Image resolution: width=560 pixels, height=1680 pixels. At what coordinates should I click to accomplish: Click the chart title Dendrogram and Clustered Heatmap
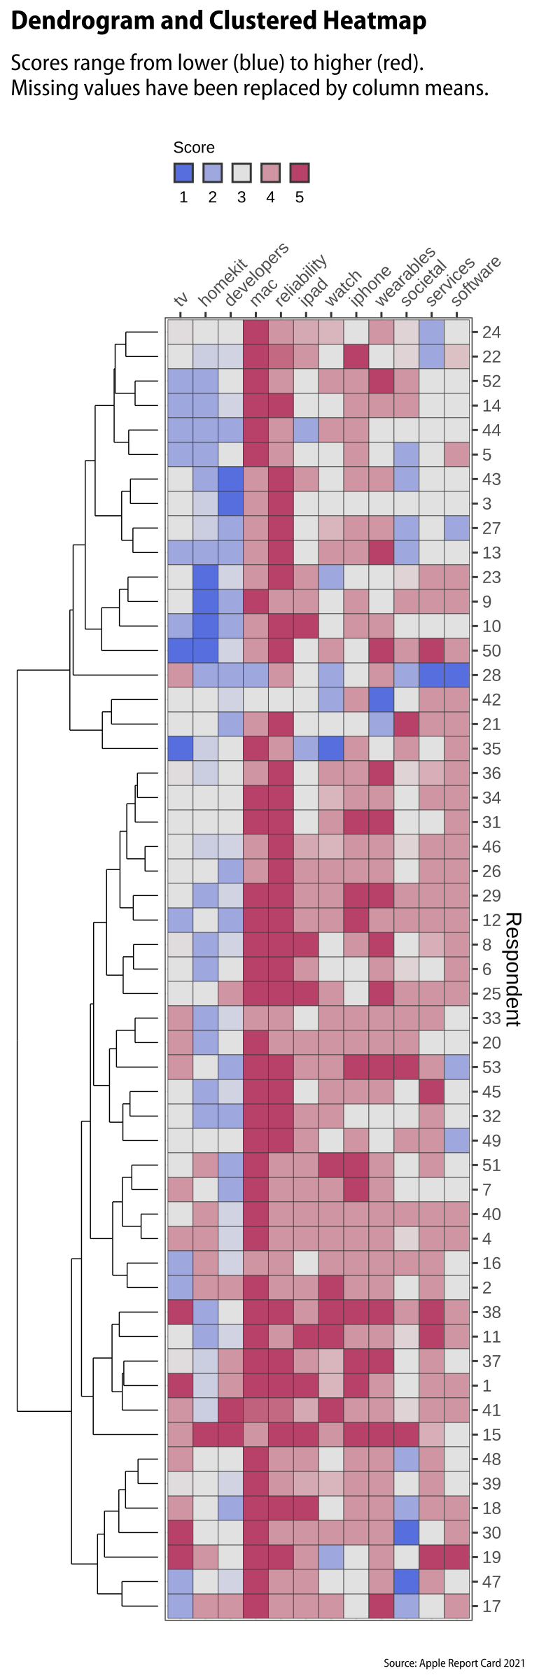pyautogui.click(x=218, y=21)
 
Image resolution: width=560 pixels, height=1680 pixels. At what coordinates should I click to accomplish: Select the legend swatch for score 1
pyautogui.click(x=183, y=173)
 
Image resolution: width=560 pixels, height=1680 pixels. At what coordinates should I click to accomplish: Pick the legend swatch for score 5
pyautogui.click(x=300, y=173)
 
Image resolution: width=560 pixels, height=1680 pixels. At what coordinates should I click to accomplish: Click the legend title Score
pyautogui.click(x=194, y=148)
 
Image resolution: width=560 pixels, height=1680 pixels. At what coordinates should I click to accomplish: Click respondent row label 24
pyautogui.click(x=491, y=332)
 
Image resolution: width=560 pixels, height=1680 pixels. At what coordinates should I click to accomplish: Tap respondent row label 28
pyautogui.click(x=491, y=675)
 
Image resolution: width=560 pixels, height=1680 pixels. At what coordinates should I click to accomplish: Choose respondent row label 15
pyautogui.click(x=491, y=1435)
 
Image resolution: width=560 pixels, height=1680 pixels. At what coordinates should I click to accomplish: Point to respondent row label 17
pyautogui.click(x=491, y=1606)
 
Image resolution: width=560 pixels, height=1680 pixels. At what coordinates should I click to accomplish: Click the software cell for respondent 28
pyautogui.click(x=456, y=675)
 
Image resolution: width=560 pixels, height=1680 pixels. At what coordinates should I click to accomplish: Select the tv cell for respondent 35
pyautogui.click(x=181, y=749)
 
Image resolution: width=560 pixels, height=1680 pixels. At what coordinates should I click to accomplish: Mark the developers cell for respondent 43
pyautogui.click(x=230, y=479)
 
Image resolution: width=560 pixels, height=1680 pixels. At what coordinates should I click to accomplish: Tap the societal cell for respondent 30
pyautogui.click(x=406, y=1533)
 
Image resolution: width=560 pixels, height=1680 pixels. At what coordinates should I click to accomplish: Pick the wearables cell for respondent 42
pyautogui.click(x=381, y=700)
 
